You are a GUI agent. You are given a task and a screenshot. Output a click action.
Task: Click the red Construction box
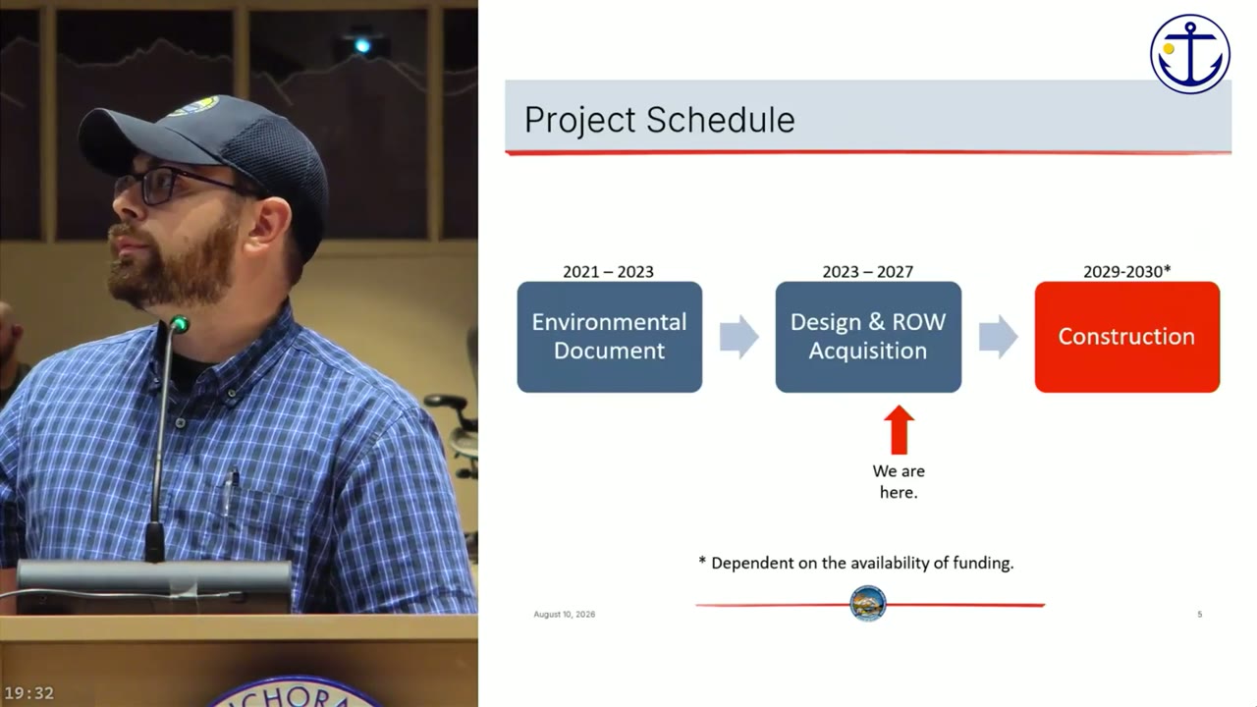1126,337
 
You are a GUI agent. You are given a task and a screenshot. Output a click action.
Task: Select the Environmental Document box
610,337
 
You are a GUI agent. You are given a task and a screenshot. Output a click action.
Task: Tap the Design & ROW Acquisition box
868,337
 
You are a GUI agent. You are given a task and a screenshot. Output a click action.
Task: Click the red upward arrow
899,430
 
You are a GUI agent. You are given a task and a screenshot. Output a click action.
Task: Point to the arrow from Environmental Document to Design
739,337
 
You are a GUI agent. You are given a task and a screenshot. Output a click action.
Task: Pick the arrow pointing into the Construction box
999,337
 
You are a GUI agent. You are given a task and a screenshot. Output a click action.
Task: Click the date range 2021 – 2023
608,272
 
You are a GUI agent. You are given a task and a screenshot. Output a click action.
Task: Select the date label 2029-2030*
1126,272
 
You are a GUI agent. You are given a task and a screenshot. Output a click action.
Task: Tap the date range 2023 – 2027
867,272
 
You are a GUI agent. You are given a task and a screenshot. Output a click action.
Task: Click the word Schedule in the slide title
720,120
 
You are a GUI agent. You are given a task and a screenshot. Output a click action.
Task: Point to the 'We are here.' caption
899,481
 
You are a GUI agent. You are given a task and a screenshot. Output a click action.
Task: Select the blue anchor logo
1189,54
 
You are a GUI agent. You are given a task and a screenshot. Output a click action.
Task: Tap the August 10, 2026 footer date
564,615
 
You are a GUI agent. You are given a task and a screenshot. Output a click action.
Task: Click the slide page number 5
1200,615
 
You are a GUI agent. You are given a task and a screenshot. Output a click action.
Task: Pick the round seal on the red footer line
867,604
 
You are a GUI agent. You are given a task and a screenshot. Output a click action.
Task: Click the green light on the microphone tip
180,324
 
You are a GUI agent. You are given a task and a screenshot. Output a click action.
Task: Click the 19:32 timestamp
29,693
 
